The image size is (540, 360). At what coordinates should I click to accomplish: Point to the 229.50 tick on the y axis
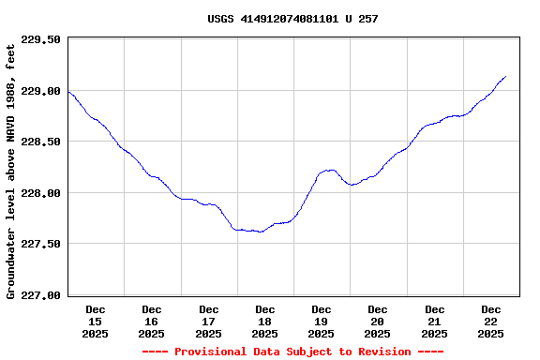[x=41, y=40]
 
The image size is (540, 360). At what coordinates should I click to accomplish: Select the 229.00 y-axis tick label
[x=41, y=91]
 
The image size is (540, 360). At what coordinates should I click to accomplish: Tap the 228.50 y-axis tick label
[x=41, y=142]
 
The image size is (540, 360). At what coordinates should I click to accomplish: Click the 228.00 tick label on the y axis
[x=41, y=193]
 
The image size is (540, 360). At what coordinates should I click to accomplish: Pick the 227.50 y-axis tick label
[x=41, y=244]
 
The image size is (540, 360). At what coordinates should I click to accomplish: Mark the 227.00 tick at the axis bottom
[x=41, y=295]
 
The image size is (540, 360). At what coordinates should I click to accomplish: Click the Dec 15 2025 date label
[x=96, y=321]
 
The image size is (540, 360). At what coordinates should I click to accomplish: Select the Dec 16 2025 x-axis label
[x=152, y=321]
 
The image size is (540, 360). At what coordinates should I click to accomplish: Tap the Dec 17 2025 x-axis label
[x=208, y=321]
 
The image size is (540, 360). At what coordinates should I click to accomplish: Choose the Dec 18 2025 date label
[x=265, y=321]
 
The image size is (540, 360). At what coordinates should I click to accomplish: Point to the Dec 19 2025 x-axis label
[x=322, y=321]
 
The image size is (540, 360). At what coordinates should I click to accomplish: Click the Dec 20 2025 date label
[x=378, y=321]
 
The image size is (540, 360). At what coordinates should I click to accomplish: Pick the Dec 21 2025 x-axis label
[x=434, y=321]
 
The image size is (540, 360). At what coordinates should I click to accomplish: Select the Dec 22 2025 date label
[x=491, y=321]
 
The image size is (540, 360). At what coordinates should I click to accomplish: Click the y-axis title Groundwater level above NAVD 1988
[x=11, y=169]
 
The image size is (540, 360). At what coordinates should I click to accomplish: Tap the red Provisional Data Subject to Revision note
[x=292, y=352]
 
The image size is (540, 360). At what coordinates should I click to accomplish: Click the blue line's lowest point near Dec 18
[x=260, y=232]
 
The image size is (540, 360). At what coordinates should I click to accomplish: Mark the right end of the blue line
[x=506, y=77]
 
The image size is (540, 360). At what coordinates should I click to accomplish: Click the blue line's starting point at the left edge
[x=68, y=92]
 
